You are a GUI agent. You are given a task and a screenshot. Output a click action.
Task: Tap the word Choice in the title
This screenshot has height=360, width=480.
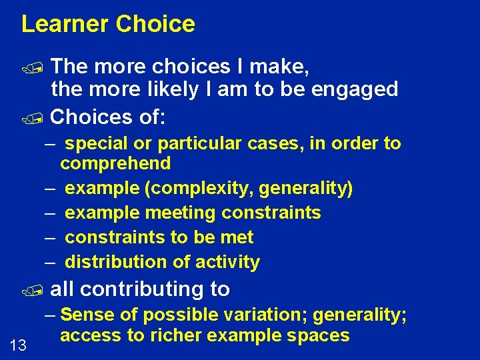[155, 24]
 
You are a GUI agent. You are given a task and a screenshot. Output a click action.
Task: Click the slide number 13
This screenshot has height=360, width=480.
[19, 344]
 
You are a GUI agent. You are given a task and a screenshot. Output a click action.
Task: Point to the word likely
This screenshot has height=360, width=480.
[169, 89]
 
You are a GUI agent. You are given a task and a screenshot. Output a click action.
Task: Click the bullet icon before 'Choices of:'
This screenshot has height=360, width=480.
[40, 119]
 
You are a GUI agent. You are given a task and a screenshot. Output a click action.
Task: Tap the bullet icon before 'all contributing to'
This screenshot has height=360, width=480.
[40, 290]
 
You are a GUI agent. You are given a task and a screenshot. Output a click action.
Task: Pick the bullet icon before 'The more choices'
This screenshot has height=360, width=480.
[40, 67]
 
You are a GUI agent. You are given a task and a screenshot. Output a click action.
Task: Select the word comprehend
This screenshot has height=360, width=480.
[115, 163]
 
